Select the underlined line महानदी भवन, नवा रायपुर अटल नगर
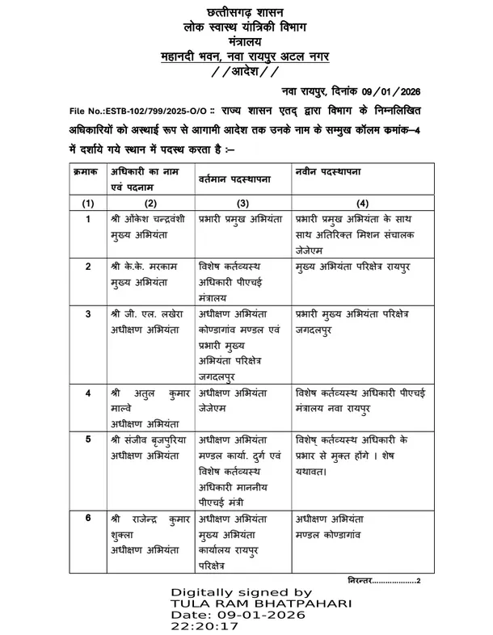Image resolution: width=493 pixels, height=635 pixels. (x=246, y=57)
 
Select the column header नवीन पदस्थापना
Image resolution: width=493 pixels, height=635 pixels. (x=328, y=172)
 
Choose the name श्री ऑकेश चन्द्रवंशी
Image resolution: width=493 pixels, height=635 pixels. (x=150, y=219)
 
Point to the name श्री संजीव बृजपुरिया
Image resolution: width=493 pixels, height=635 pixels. (x=150, y=440)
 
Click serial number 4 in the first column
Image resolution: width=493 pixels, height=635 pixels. (x=88, y=393)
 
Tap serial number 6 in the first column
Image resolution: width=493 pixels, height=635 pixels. (x=88, y=519)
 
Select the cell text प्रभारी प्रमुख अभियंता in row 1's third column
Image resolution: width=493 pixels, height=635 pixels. (x=240, y=219)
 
